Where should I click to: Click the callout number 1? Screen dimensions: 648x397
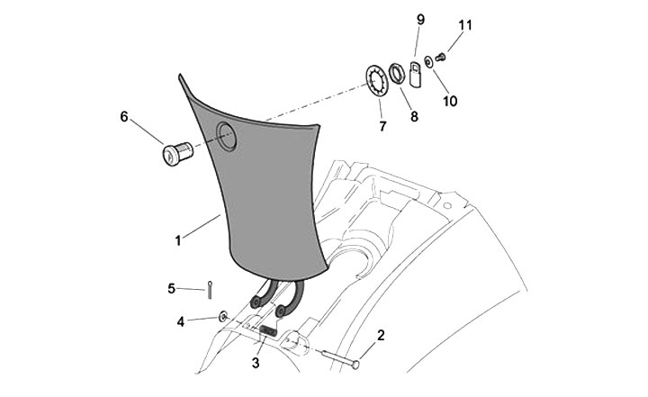pos(178,240)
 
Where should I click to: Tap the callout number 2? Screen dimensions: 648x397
pos(381,336)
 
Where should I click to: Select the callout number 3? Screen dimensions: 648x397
pos(256,363)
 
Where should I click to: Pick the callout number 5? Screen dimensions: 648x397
pos(171,288)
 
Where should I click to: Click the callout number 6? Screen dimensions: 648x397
pos(124,116)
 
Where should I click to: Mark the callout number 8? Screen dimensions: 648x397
pos(414,116)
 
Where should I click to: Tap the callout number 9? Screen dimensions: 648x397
pos(419,19)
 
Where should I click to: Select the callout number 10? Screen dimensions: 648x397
pos(450,101)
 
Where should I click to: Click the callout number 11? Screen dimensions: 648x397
pos(465,24)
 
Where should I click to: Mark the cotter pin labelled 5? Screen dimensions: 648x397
pos(208,288)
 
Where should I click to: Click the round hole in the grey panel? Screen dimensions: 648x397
pos(225,138)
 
